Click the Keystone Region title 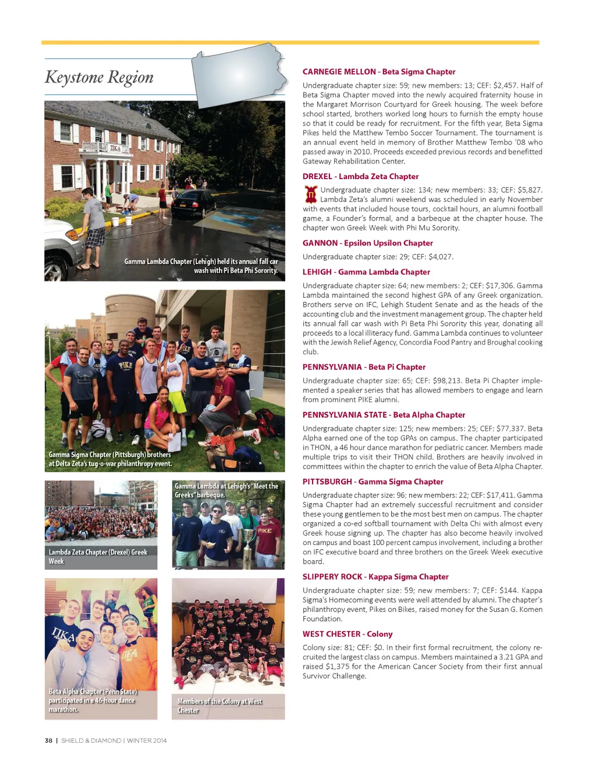click(100, 77)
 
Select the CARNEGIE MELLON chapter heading click(379, 72)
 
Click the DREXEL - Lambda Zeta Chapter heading click(360, 177)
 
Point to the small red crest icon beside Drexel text click(311, 194)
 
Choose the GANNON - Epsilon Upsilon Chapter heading click(367, 243)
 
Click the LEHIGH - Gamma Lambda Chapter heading click(366, 272)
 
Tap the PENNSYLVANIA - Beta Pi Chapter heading click(364, 367)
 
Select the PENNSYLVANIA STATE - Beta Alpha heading click(384, 415)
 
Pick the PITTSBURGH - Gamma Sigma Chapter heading click(372, 482)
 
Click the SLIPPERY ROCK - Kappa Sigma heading click(375, 577)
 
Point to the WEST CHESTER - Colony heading click(347, 634)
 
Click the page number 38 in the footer click(48, 741)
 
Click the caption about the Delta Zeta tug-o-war click(110, 459)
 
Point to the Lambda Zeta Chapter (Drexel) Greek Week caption click(98, 557)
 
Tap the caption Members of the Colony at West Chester click(219, 706)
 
